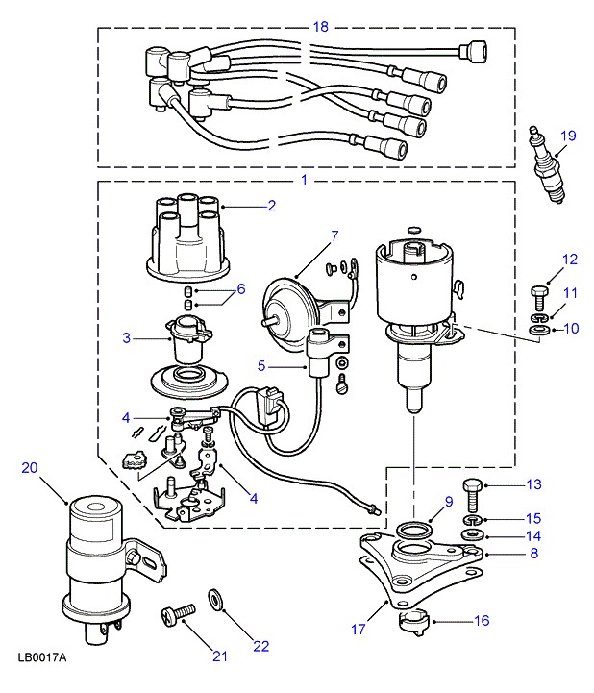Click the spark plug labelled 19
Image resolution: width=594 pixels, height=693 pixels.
coord(547,165)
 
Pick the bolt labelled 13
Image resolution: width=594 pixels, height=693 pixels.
coord(473,493)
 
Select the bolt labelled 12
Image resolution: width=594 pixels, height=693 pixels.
coord(539,299)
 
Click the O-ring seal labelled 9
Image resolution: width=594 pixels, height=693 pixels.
coord(411,529)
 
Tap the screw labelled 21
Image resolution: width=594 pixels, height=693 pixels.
coord(178,612)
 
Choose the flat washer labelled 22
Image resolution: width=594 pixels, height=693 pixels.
coord(215,600)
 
